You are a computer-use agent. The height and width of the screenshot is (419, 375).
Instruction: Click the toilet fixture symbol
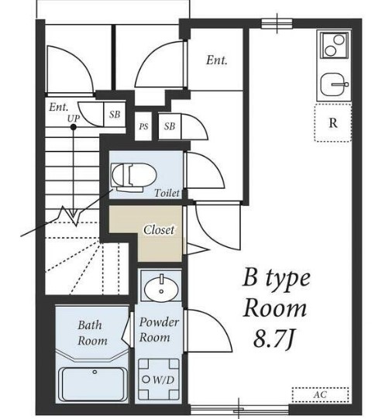(x=133, y=177)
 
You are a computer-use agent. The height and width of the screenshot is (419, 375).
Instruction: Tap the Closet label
(x=159, y=230)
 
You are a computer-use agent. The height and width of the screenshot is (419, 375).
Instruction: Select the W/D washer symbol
(x=159, y=380)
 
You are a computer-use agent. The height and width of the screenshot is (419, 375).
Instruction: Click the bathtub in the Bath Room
(x=92, y=384)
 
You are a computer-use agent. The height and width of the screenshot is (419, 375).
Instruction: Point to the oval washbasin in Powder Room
(x=161, y=289)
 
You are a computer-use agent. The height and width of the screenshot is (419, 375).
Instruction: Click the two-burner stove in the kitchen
(x=335, y=45)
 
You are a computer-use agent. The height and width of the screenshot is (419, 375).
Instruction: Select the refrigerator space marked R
(x=332, y=122)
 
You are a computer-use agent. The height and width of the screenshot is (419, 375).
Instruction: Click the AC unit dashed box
(x=320, y=394)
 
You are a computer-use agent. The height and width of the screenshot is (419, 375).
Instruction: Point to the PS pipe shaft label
(x=143, y=126)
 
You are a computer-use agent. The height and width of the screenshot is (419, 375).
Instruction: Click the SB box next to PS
(x=170, y=126)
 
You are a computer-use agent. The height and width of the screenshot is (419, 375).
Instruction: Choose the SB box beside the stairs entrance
(x=115, y=114)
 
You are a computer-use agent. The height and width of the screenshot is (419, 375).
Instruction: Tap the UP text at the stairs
(x=74, y=118)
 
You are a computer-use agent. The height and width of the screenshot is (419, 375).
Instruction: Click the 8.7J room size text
(x=275, y=338)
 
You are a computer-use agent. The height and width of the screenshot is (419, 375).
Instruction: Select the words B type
(x=277, y=279)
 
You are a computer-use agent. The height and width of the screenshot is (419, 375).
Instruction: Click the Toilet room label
(x=167, y=193)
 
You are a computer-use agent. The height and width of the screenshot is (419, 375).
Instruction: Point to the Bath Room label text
(x=92, y=333)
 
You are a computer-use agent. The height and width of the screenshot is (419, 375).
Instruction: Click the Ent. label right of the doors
(x=216, y=60)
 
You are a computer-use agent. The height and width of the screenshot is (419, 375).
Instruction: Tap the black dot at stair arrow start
(x=74, y=127)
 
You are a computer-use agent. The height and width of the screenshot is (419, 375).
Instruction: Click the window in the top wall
(x=277, y=23)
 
